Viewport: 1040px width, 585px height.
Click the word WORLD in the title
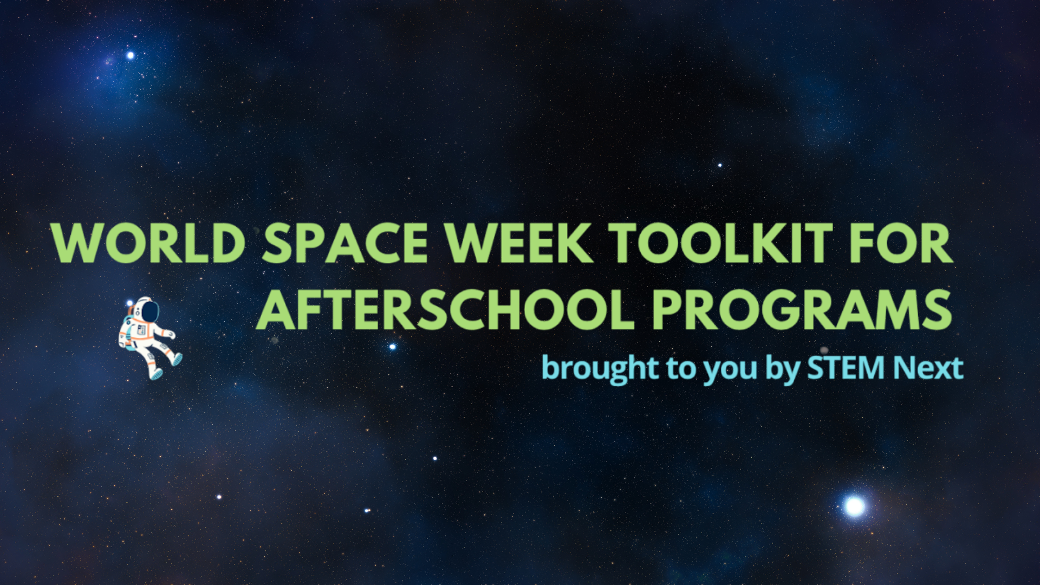tap(148, 243)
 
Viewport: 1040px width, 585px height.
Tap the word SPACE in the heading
tap(345, 243)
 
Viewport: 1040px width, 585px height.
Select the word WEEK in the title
tap(519, 243)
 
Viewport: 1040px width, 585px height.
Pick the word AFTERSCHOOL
tap(445, 309)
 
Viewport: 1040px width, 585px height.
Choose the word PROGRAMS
tap(802, 309)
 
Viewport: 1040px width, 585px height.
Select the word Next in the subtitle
tap(928, 368)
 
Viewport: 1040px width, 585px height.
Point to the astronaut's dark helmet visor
tap(149, 311)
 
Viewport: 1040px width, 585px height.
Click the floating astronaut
tap(150, 338)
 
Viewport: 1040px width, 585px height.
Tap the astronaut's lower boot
tap(156, 374)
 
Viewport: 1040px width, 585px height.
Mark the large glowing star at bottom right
tap(855, 506)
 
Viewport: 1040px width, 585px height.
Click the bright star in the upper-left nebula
tap(130, 55)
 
